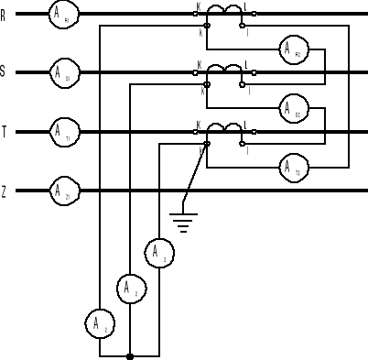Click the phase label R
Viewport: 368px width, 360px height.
[5, 14]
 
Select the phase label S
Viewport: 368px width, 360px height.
[5, 72]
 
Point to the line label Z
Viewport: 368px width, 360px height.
[5, 191]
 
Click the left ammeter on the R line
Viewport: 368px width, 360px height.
[61, 14]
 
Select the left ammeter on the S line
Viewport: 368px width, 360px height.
[61, 72]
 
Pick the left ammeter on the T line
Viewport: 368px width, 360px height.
[61, 132]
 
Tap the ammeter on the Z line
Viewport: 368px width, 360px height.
[61, 191]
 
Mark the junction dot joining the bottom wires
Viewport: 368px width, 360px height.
[130, 356]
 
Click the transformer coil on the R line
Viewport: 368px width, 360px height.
[224, 11]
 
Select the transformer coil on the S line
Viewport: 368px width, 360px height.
[224, 69]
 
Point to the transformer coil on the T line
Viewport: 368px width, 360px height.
[224, 128]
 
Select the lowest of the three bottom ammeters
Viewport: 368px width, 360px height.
[100, 322]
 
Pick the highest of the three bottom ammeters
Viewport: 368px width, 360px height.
[158, 251]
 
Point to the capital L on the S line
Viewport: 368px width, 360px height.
[247, 63]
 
